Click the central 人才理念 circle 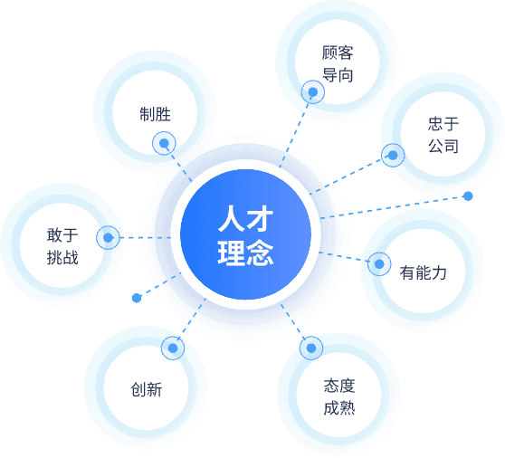(x=245, y=234)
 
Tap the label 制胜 (x=155, y=114)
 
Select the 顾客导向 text (x=338, y=64)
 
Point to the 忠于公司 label (x=443, y=135)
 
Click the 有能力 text (x=424, y=272)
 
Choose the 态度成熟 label (x=339, y=397)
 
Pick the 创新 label (x=147, y=389)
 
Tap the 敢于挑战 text (x=62, y=246)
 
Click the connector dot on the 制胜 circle (x=164, y=143)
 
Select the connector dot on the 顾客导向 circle (x=313, y=91)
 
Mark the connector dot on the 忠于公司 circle (x=393, y=156)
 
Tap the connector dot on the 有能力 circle (x=379, y=264)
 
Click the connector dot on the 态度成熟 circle (x=311, y=348)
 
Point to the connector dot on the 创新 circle (x=173, y=348)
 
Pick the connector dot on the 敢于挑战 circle (x=108, y=238)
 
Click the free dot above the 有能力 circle (x=468, y=196)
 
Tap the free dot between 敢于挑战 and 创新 (x=137, y=298)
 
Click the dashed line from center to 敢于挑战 (x=145, y=238)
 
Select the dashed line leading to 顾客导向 (x=294, y=136)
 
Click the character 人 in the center (x=231, y=219)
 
